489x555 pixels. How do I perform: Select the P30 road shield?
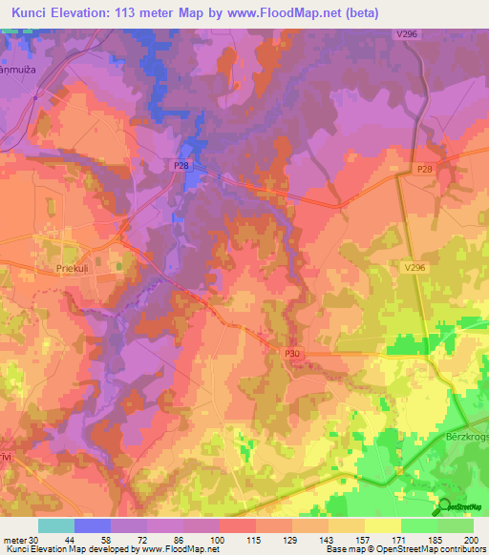pos(292,354)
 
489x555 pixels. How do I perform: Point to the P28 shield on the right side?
pos(424,169)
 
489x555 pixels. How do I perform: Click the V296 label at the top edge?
pos(409,33)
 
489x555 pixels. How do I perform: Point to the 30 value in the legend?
pos(32,540)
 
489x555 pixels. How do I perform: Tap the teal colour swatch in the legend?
pos(56,525)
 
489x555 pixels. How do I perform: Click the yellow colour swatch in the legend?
pos(382,525)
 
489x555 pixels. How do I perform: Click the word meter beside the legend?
pos(13,540)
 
